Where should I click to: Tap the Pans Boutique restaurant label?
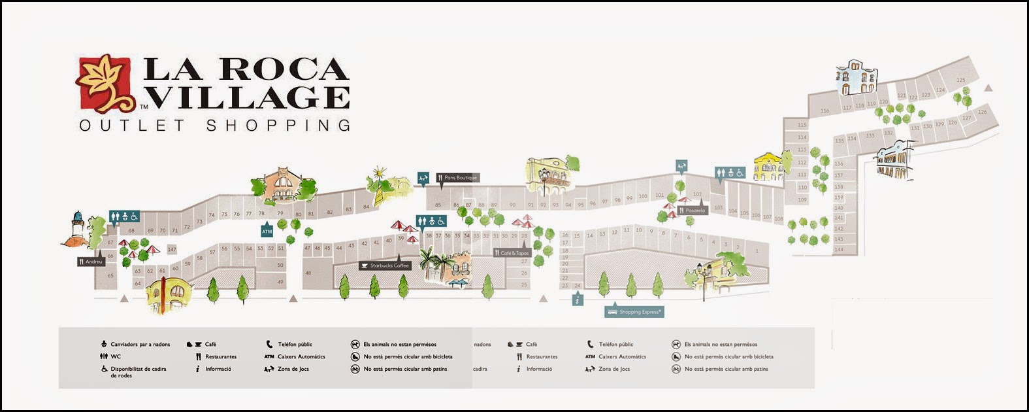458,178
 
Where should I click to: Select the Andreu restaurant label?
91,262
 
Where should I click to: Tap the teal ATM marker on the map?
267,232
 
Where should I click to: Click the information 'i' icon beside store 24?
578,300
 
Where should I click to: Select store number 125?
960,80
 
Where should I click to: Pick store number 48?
308,273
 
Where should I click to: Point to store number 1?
757,251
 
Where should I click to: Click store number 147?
172,249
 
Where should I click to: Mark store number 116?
825,111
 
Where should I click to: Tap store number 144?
839,249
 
